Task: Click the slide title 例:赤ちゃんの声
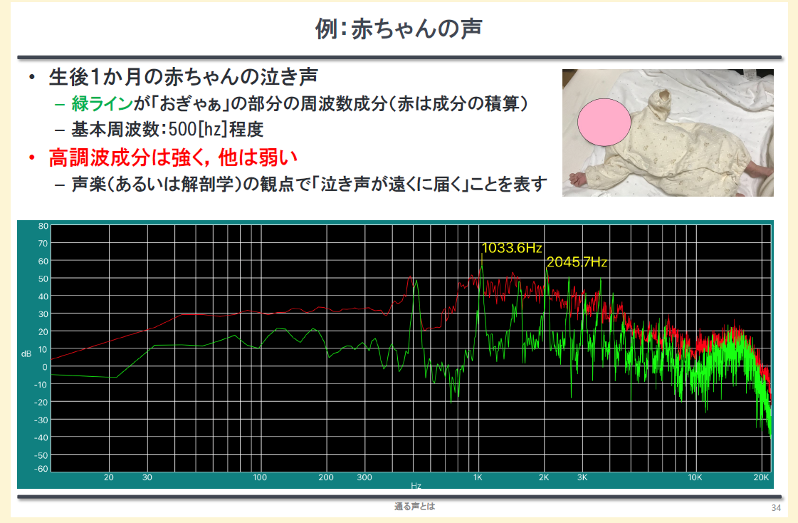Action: click(x=399, y=29)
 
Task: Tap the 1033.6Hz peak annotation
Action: click(x=511, y=248)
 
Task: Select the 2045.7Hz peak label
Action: click(x=577, y=262)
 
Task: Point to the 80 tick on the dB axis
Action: click(x=43, y=226)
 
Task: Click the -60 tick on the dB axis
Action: click(x=41, y=469)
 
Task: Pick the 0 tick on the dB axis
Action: click(x=46, y=367)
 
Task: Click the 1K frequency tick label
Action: click(x=478, y=477)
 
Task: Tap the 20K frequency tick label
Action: click(x=761, y=477)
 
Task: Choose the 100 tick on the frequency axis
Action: click(x=260, y=477)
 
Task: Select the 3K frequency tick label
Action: click(x=582, y=477)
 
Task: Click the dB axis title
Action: click(x=26, y=353)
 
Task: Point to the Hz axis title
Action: click(x=416, y=486)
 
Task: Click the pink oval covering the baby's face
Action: click(x=604, y=123)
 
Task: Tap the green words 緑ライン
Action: click(x=103, y=103)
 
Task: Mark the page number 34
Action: click(x=776, y=508)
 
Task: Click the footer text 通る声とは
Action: click(x=415, y=506)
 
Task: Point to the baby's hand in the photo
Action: click(x=579, y=178)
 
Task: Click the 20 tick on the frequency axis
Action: click(x=108, y=477)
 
